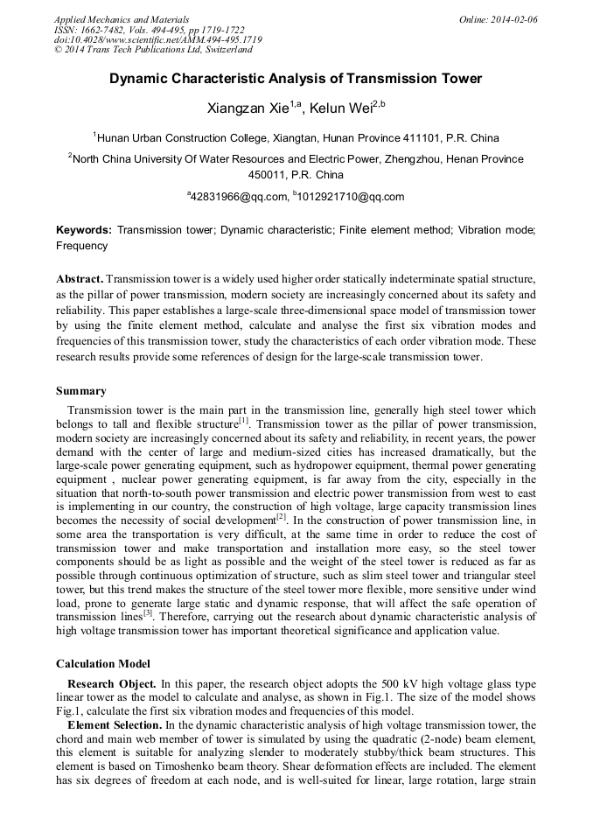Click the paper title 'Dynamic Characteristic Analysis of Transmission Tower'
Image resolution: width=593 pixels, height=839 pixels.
[x=296, y=79]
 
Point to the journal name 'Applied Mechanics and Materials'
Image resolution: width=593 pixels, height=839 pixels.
[x=122, y=19]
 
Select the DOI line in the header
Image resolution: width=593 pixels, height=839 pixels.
[x=157, y=40]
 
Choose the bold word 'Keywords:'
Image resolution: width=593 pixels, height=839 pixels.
[x=84, y=230]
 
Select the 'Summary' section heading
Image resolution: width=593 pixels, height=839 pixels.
[x=81, y=391]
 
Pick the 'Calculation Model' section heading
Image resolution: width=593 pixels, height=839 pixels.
[x=102, y=663]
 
